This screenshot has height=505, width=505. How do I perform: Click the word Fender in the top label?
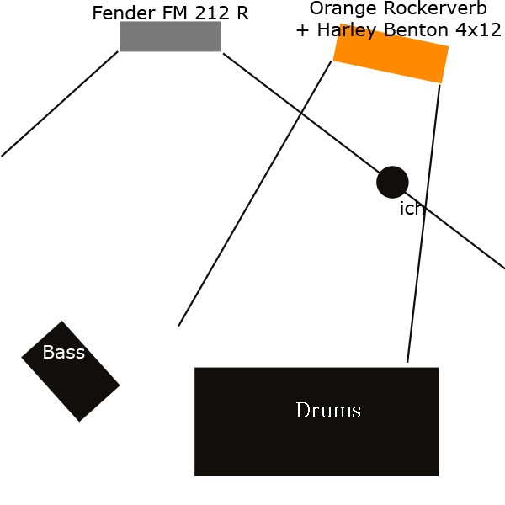[x=125, y=13]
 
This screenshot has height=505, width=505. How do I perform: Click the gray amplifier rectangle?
[x=171, y=36]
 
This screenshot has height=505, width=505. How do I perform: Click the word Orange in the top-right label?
[x=341, y=8]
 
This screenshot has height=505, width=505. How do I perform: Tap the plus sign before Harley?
[x=303, y=30]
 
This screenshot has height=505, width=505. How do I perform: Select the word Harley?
[x=344, y=30]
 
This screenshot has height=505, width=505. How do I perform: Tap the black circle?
[x=392, y=182]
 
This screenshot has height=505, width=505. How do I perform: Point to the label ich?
[x=412, y=209]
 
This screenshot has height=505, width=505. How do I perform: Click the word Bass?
[x=64, y=353]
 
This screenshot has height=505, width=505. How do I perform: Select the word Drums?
[x=328, y=411]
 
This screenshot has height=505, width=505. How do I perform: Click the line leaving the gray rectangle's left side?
[x=59, y=104]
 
